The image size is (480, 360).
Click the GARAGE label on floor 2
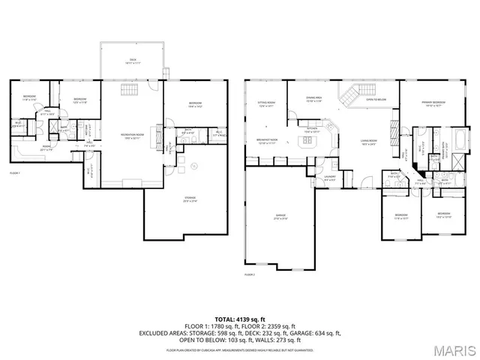tap(280, 217)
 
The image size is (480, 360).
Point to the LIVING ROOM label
tap(367, 141)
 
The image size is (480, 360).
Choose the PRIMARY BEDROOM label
tap(433, 105)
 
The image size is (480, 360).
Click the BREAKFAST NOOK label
tap(267, 142)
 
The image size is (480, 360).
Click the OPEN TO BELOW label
tap(376, 99)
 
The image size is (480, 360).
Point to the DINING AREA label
tap(313, 99)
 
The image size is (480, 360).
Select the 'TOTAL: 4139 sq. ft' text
tap(239, 319)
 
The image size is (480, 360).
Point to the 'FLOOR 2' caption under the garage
tap(250, 275)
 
